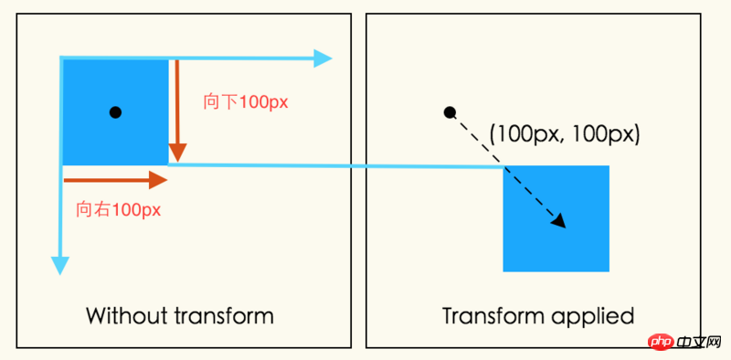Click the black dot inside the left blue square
(115, 112)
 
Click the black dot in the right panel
(450, 112)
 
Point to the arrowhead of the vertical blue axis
(60, 264)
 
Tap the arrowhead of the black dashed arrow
(559, 221)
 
